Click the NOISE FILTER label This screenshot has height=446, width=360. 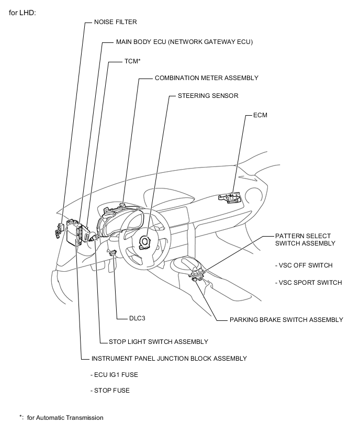115,22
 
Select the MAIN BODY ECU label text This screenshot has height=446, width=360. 184,42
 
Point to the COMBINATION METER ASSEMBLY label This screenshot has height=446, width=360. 206,78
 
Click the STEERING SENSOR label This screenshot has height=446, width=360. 208,96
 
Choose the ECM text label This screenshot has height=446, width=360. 260,115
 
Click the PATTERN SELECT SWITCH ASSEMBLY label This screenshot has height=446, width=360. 305,240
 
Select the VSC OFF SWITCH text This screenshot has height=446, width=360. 303,265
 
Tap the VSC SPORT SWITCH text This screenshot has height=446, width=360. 308,283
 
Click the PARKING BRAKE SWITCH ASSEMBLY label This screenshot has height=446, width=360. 286,319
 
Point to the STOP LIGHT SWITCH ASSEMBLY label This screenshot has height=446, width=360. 158,342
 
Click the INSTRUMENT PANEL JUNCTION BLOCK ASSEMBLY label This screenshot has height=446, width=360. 168,359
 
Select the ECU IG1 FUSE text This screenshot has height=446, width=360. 115,375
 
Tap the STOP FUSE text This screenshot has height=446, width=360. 110,391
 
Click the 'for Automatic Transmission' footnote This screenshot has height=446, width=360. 65,418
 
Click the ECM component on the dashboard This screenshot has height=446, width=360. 229,197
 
